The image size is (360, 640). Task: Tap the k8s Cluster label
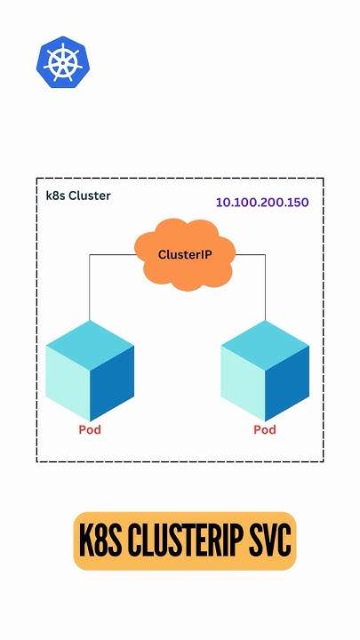pos(78,196)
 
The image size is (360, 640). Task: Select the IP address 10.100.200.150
pos(262,203)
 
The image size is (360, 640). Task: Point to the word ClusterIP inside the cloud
pos(185,254)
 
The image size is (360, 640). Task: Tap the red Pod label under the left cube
pos(90,430)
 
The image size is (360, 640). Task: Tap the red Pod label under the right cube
pos(265,430)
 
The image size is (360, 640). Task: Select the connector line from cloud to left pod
pos(90,284)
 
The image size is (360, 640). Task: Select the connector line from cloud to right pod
pos(265,284)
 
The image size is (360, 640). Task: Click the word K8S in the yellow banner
pos(100,541)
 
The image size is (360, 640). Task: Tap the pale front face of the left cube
pos(68,382)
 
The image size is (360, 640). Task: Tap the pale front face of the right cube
pos(243,382)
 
